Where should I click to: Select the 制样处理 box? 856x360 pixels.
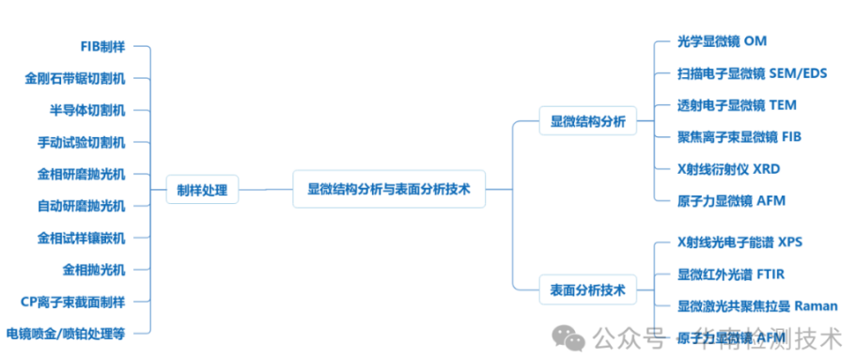202,190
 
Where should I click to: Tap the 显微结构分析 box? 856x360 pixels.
587,120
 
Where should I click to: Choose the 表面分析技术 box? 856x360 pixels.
587,288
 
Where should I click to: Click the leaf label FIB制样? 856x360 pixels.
102,47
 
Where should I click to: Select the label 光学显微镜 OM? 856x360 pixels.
722,41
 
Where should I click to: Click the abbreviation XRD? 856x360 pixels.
766,169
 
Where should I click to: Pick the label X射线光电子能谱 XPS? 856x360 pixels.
739,243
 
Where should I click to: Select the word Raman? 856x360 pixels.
816,306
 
